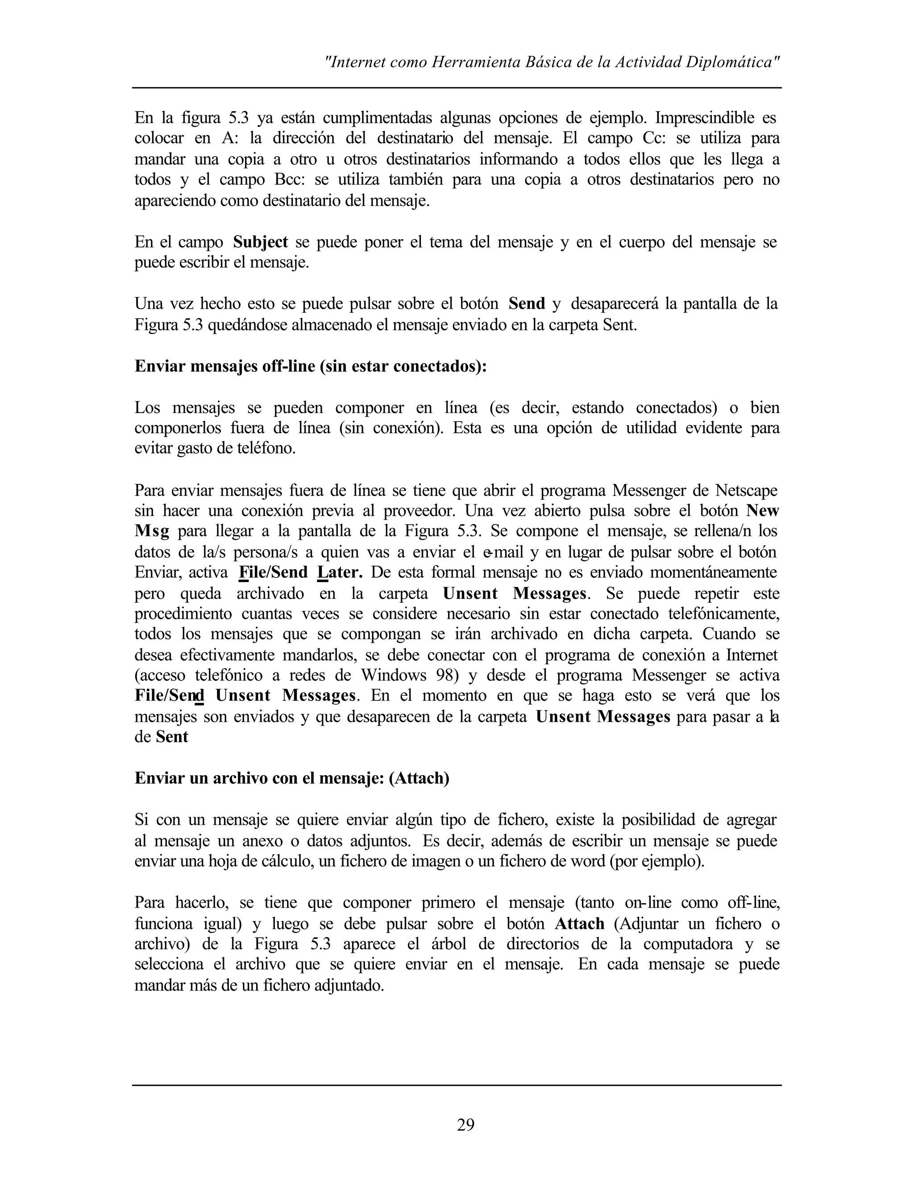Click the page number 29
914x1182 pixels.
pos(465,1124)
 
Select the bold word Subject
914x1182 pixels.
pos(261,242)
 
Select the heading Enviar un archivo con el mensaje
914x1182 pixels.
pos(292,778)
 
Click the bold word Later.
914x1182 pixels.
pos(340,573)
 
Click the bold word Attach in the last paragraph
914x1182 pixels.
pos(579,923)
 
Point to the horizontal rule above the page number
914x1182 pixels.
pos(457,1085)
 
